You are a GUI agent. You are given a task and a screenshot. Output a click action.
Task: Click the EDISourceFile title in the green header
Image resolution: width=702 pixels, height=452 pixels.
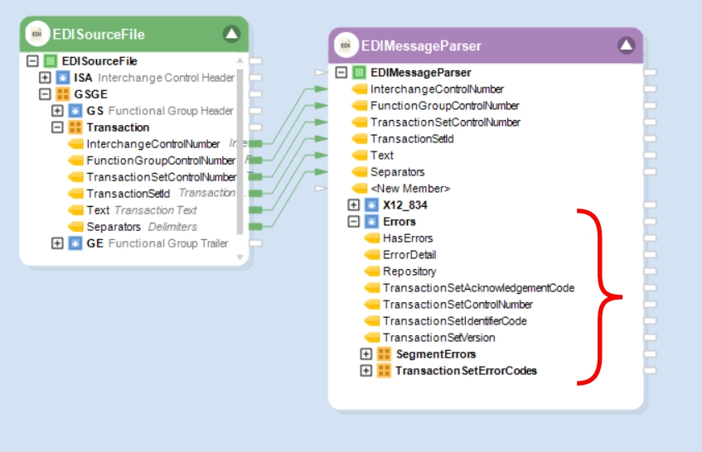pyautogui.click(x=99, y=34)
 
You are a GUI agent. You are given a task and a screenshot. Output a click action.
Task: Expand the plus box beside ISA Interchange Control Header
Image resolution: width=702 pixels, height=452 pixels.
pyautogui.click(x=45, y=78)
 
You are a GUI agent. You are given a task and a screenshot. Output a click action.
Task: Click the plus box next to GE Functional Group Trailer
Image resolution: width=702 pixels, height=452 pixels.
pyautogui.click(x=57, y=243)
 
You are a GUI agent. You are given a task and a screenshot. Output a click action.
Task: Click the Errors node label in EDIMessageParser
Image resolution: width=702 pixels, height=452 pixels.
pyautogui.click(x=399, y=222)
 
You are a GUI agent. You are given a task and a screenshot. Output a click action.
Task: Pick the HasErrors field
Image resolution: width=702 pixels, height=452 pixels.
pyautogui.click(x=407, y=238)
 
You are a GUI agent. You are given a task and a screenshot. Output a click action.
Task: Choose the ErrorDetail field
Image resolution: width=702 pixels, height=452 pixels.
pyautogui.click(x=409, y=255)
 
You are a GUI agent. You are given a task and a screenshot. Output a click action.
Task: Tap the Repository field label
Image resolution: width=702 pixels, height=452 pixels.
pyautogui.click(x=409, y=272)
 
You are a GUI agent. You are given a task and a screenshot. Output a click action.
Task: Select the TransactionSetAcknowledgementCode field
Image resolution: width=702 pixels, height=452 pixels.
pyautogui.click(x=478, y=288)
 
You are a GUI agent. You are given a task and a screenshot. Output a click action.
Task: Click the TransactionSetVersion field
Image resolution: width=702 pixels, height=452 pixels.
pyautogui.click(x=438, y=338)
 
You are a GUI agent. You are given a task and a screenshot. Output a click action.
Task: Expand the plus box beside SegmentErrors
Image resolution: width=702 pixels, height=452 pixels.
pyautogui.click(x=366, y=354)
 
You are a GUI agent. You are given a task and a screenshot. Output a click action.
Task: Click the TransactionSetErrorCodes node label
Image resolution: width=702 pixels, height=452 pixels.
pyautogui.click(x=466, y=371)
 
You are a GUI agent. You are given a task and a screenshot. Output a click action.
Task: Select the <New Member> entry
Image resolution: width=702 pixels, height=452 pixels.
pyautogui.click(x=410, y=189)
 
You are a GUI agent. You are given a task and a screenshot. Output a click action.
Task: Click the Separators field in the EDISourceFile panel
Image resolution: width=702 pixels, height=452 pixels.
pyautogui.click(x=114, y=227)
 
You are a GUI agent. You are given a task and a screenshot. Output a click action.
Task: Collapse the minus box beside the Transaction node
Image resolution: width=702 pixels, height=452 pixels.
pyautogui.click(x=57, y=127)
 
